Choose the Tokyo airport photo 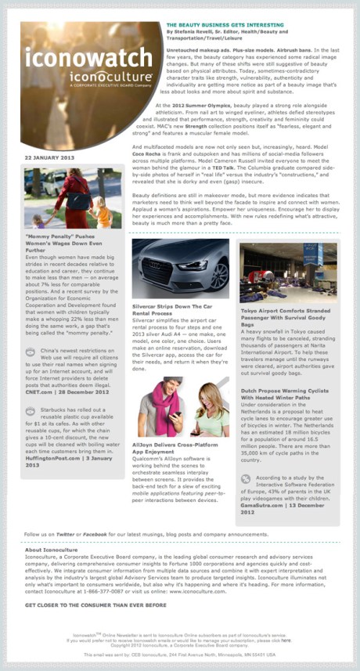coord(288,272)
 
